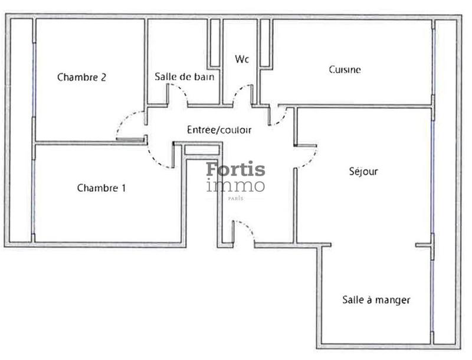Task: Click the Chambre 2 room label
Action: [81, 77]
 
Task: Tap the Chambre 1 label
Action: [101, 188]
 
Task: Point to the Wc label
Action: [241, 60]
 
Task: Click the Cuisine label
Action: [345, 70]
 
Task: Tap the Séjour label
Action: [363, 172]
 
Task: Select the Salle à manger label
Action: [376, 300]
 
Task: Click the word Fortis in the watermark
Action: [235, 170]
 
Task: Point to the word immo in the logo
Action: [235, 186]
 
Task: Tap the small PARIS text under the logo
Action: [235, 198]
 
